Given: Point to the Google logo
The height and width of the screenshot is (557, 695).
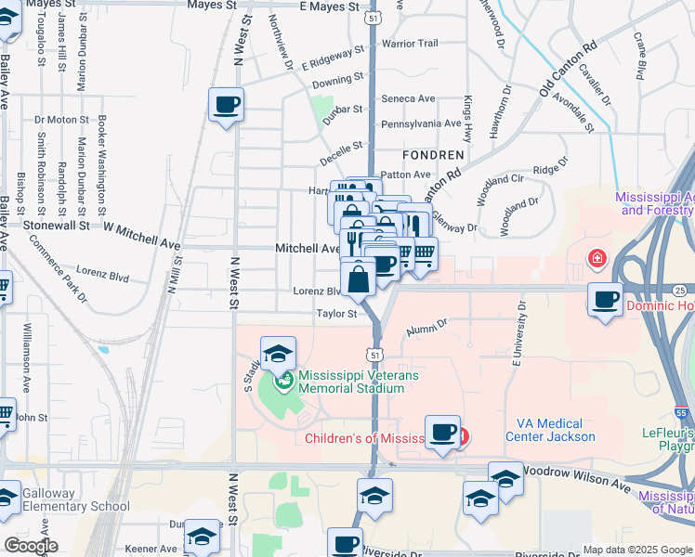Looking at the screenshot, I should (x=30, y=546).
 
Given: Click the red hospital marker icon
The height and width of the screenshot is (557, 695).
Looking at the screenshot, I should (x=595, y=257).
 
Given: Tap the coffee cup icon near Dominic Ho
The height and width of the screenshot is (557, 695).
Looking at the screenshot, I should (x=606, y=300).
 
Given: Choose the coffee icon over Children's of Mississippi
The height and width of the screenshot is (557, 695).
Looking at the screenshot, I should (x=443, y=433).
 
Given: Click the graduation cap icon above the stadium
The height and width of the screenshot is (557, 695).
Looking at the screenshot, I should (x=278, y=355).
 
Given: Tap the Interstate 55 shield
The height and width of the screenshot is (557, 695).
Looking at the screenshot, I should (x=681, y=412).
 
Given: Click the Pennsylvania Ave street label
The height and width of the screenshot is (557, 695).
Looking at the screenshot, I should (x=421, y=123).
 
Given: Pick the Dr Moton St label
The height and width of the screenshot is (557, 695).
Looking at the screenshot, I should (x=60, y=120).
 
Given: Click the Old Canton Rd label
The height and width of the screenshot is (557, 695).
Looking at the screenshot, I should (x=569, y=66).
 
